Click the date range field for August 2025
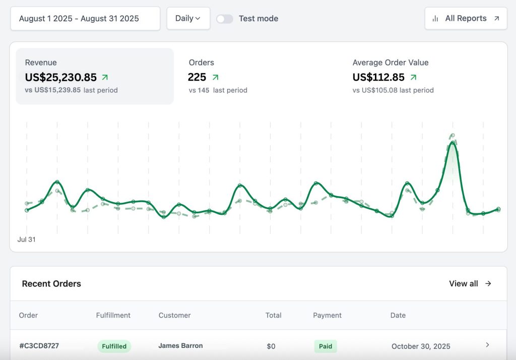(x=85, y=19)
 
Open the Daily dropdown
(x=188, y=19)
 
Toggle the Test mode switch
(x=225, y=19)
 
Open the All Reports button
(x=466, y=19)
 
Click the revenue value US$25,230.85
(x=60, y=77)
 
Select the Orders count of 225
(x=197, y=77)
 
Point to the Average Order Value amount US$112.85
(x=378, y=77)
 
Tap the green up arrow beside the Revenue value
(x=105, y=77)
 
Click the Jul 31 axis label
(x=26, y=239)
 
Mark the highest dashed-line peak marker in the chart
(x=453, y=135)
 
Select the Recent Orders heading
(x=51, y=284)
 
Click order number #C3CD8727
(x=39, y=346)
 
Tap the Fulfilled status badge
(x=114, y=346)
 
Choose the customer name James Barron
(x=180, y=346)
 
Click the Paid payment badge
(x=326, y=346)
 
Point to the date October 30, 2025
(x=421, y=346)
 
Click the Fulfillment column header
(x=113, y=315)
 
